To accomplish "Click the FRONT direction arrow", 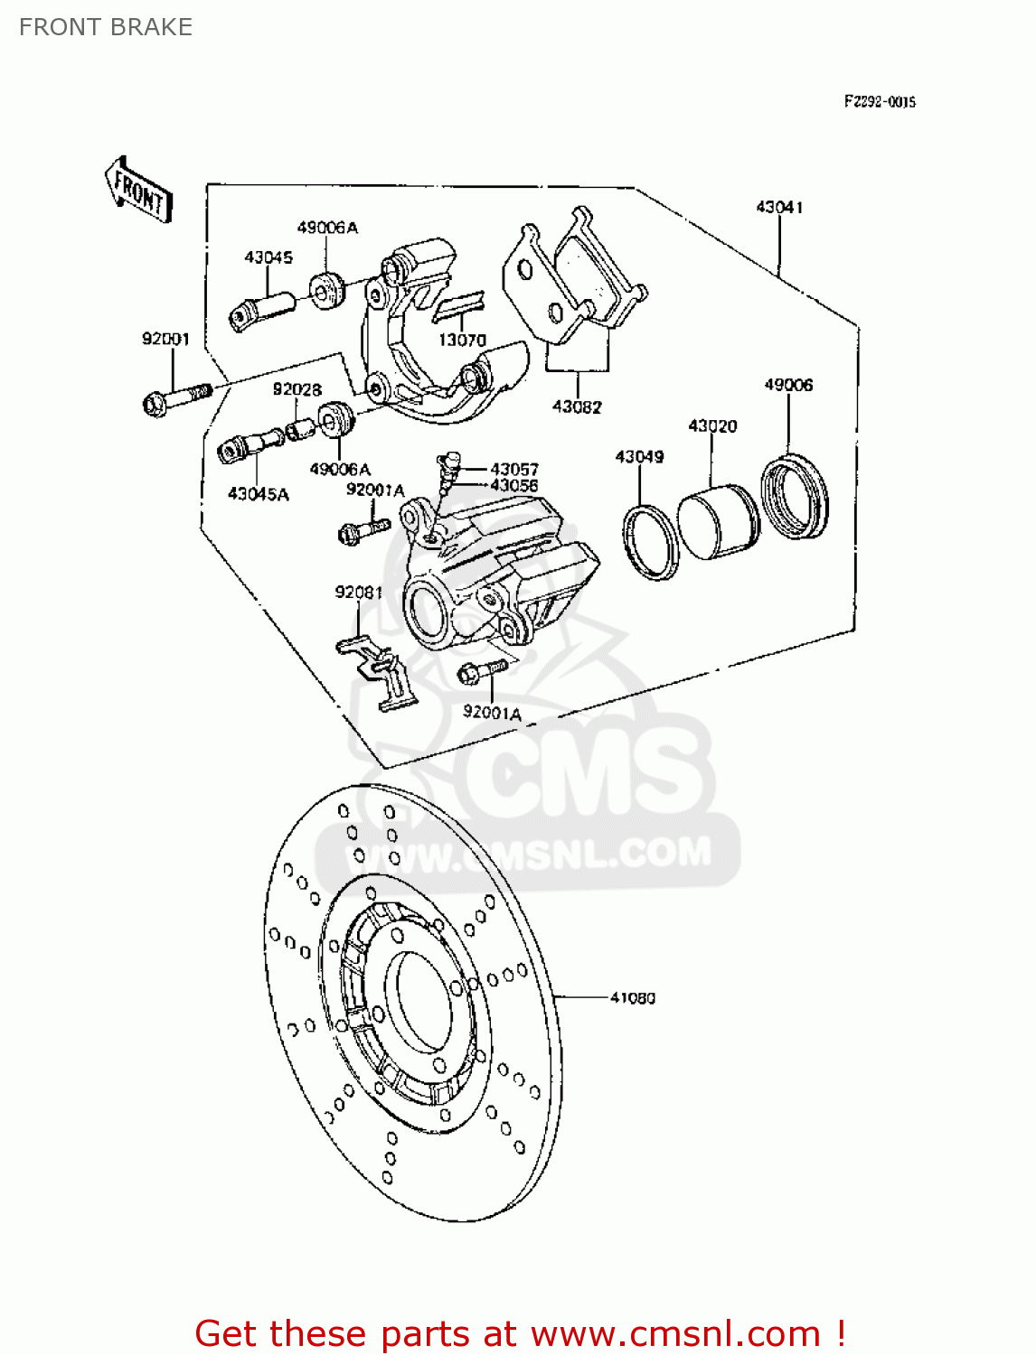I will coord(138,190).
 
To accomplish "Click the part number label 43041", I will coord(779,208).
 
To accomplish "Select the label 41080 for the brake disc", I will coord(633,998).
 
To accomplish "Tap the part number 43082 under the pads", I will coord(577,407).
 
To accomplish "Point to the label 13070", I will coord(462,341).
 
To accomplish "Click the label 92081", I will coord(358,593).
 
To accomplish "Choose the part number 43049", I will coord(639,457).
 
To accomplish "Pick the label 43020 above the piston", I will coord(712,425).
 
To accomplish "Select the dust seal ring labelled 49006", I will coord(794,499).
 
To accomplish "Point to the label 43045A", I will coord(258,494).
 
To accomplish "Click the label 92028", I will coord(297,390).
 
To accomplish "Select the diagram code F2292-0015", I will coord(880,102).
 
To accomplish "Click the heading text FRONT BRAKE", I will coord(106,27).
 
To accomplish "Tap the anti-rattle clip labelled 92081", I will coord(380,673).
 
